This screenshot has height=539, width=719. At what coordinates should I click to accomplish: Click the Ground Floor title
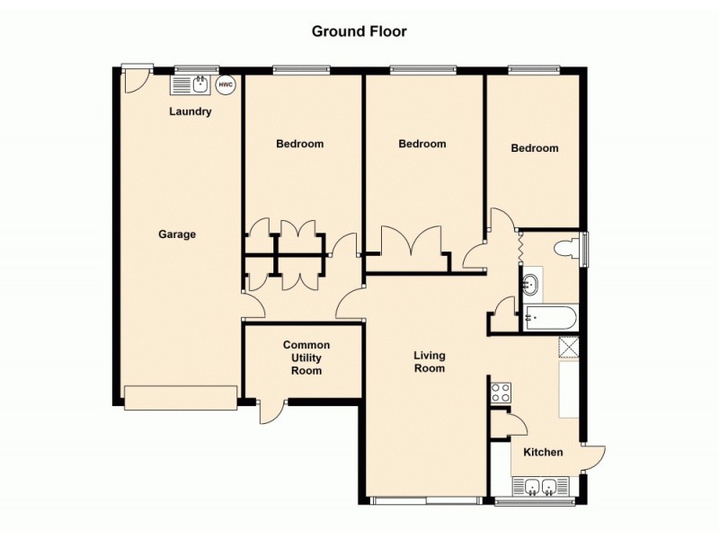(x=359, y=31)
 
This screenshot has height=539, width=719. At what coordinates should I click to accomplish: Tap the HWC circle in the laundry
(x=224, y=85)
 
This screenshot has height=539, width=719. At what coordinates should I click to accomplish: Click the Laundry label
(x=191, y=112)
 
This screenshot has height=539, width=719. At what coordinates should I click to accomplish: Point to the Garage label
(x=177, y=234)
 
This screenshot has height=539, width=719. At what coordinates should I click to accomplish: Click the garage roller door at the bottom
(x=181, y=398)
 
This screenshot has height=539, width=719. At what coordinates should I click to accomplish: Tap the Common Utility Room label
(x=306, y=358)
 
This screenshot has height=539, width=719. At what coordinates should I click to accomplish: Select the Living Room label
(x=429, y=361)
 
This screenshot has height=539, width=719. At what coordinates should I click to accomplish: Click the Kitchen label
(x=544, y=452)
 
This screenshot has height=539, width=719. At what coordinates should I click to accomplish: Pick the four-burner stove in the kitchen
(x=501, y=393)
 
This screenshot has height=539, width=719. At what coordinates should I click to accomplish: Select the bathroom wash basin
(x=530, y=286)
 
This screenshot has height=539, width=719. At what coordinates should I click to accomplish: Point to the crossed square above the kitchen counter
(x=569, y=347)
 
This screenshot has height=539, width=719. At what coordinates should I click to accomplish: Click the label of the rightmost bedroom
(x=535, y=148)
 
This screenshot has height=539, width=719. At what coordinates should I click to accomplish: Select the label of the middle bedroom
(x=422, y=144)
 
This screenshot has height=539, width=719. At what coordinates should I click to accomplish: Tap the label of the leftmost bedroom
(x=299, y=144)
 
